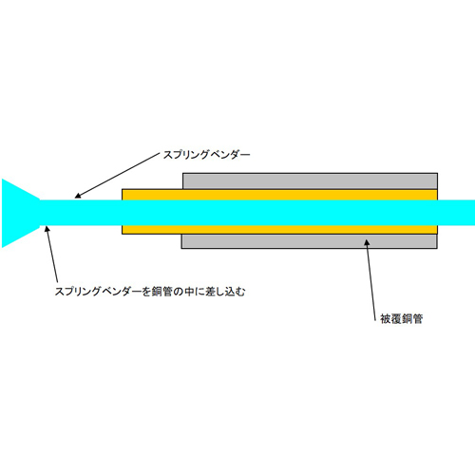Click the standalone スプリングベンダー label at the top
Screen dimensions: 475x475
(x=206, y=155)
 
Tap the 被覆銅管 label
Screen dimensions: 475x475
(x=402, y=318)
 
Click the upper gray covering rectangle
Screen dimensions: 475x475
(x=310, y=181)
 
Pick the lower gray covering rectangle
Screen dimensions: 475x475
(x=310, y=241)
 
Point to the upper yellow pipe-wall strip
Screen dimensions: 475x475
(x=279, y=195)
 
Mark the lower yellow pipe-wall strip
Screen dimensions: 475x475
(x=279, y=230)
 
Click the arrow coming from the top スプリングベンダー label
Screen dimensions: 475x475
(x=117, y=176)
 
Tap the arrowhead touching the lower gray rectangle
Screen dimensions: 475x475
(x=367, y=242)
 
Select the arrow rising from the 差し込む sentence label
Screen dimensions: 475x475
(x=52, y=254)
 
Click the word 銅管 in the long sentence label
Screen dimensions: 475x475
(x=161, y=292)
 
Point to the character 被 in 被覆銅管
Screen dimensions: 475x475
(x=386, y=318)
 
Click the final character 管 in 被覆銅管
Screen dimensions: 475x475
(x=418, y=318)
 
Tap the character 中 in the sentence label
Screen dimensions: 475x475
(x=189, y=292)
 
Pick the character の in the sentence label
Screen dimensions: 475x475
(x=179, y=292)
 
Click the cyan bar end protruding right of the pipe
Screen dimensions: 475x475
(x=456, y=213)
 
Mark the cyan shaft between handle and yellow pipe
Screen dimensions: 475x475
(x=81, y=213)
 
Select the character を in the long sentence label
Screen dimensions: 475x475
(x=145, y=292)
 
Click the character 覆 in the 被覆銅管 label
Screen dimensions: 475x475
(x=396, y=318)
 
